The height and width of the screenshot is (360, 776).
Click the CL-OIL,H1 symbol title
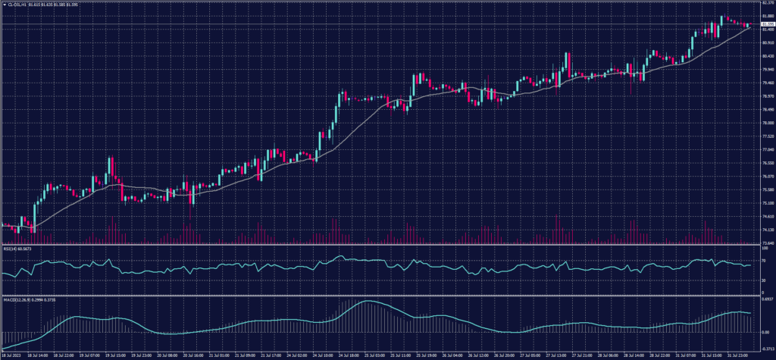click(17, 5)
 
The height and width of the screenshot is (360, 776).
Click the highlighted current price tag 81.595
click(766, 24)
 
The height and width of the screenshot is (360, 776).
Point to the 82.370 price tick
click(766, 3)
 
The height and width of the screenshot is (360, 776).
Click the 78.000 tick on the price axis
click(766, 123)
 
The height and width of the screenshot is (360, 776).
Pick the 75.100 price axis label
click(766, 203)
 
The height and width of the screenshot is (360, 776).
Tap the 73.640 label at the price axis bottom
click(766, 243)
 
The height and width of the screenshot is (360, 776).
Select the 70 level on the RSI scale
click(764, 260)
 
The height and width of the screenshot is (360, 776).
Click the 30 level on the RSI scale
click(764, 280)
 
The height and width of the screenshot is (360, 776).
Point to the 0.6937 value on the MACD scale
click(766, 301)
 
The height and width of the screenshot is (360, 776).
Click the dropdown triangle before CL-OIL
click(3, 5)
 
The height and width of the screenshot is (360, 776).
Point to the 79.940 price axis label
click(766, 70)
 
